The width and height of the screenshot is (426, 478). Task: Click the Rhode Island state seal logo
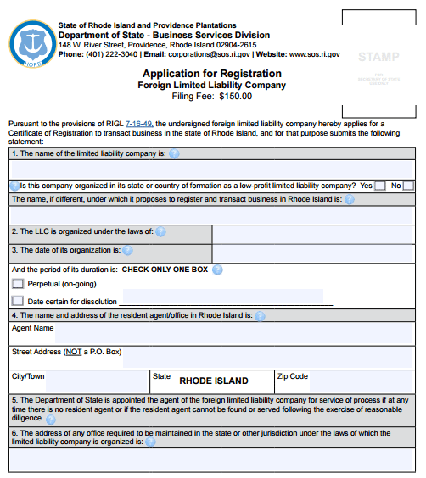tap(31, 42)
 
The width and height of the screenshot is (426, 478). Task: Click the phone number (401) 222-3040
tap(111, 54)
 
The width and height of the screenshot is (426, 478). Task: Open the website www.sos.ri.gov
tap(314, 54)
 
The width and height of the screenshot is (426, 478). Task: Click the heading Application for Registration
tap(213, 74)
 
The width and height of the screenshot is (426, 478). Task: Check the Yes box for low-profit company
tap(379, 186)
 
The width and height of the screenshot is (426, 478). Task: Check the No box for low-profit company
tap(408, 186)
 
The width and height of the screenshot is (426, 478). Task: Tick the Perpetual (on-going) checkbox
tap(18, 284)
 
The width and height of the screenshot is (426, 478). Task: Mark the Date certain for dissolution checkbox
tap(18, 301)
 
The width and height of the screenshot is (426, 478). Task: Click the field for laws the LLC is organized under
tap(312, 233)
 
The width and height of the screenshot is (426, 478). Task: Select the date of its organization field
tap(312, 252)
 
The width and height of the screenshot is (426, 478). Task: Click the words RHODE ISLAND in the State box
tap(214, 381)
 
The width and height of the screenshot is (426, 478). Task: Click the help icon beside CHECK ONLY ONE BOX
tap(217, 270)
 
